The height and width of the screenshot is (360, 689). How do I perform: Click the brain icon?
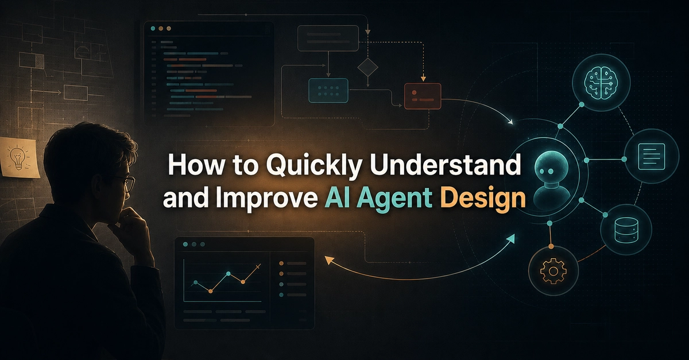[601, 83]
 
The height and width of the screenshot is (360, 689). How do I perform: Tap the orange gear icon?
[553, 271]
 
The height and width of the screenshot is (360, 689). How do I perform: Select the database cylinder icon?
[625, 230]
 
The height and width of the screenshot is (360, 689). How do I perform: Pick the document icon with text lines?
[652, 156]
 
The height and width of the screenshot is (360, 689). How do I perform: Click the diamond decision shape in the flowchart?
[367, 67]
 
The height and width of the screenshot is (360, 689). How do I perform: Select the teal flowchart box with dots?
[328, 91]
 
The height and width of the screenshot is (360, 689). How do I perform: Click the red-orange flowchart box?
[423, 96]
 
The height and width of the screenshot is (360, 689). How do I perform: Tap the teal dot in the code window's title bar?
[153, 28]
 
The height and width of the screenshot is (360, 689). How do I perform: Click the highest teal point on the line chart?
[229, 273]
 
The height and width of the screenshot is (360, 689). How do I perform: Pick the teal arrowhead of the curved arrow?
[510, 238]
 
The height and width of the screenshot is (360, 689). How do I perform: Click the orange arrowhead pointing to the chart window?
[329, 260]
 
